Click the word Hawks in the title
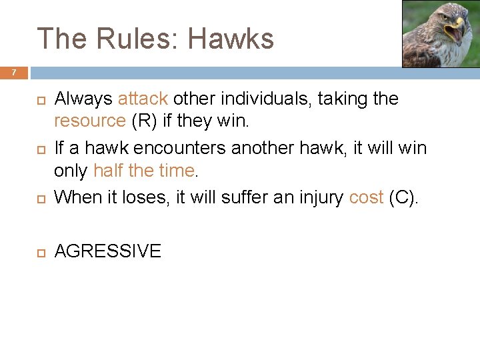[231, 39]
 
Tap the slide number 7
[13, 72]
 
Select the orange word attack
[143, 99]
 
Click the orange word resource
[90, 121]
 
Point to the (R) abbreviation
[145, 121]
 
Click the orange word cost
[366, 197]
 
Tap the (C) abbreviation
[403, 197]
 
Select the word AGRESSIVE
[107, 251]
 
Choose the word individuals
[268, 99]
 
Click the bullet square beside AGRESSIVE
[39, 252]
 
